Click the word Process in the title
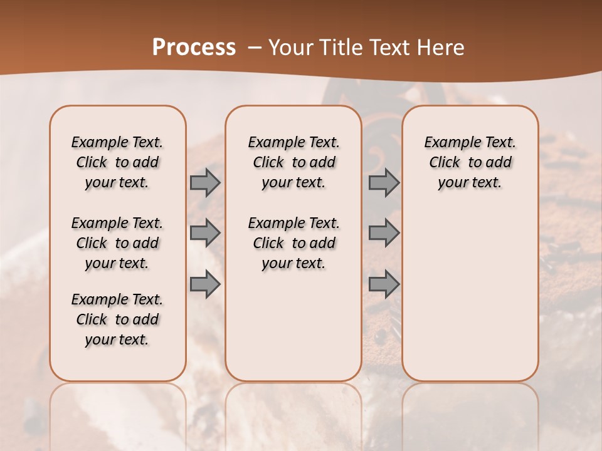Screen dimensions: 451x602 (x=194, y=48)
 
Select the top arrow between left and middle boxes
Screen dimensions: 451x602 (x=205, y=182)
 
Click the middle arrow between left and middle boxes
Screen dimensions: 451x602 (x=205, y=233)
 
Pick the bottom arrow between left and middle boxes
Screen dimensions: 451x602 (x=205, y=284)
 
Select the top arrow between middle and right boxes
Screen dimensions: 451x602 (x=384, y=182)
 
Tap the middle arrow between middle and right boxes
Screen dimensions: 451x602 (x=384, y=233)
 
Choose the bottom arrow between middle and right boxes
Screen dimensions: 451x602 (x=384, y=284)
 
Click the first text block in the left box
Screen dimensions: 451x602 (x=117, y=162)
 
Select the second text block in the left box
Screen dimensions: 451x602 (x=117, y=243)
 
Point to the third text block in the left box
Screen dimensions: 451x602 (x=117, y=319)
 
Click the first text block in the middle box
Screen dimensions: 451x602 (x=293, y=162)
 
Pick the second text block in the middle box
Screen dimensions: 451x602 (x=293, y=243)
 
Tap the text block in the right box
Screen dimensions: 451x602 (x=470, y=162)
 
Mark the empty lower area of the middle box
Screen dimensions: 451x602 (x=293, y=326)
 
